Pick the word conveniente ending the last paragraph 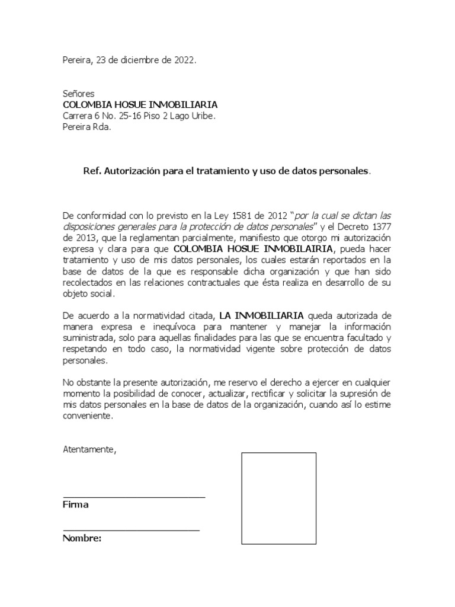point(87,416)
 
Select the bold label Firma point(75,505)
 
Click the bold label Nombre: point(82,538)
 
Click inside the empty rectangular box point(278,498)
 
